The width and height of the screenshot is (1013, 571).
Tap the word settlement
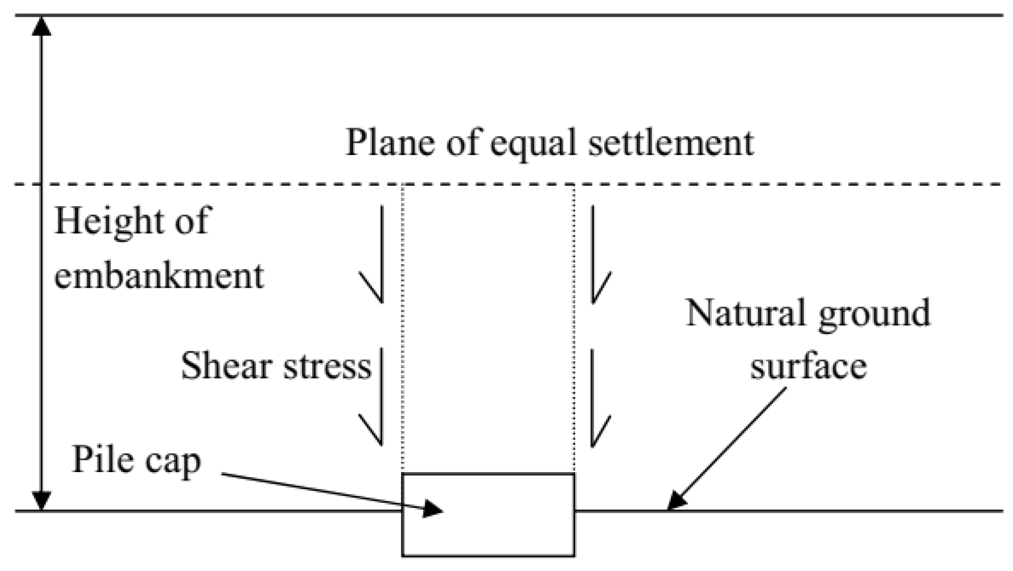click(671, 143)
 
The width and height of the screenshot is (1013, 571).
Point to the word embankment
click(159, 277)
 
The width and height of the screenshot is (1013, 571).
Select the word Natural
click(745, 313)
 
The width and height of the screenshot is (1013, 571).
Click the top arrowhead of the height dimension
click(42, 26)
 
